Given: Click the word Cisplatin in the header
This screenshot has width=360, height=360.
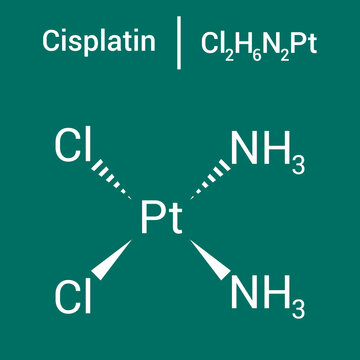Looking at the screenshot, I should click(98, 42).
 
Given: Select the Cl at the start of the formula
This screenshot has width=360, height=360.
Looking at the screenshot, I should click(212, 42).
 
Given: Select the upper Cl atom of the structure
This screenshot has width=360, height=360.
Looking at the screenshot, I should click(73, 148).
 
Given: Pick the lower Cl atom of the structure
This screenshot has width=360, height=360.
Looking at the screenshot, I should click(73, 296).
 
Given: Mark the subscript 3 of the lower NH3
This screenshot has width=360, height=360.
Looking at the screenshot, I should click(296, 305).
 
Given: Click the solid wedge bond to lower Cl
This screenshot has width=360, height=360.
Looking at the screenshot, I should click(115, 259).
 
